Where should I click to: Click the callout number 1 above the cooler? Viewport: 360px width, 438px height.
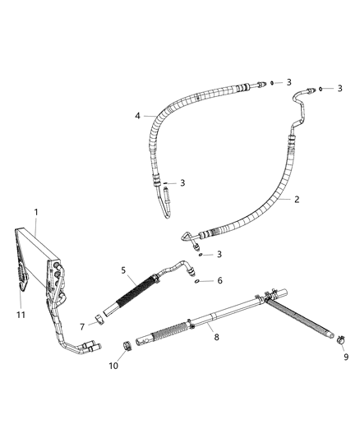(x=37, y=212)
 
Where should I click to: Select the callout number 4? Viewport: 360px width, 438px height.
(x=138, y=116)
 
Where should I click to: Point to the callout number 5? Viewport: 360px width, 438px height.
(x=124, y=269)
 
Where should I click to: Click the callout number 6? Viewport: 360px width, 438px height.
(x=219, y=281)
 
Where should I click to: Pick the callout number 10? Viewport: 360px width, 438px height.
(x=113, y=366)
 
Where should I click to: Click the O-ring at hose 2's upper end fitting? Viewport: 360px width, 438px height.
(x=320, y=87)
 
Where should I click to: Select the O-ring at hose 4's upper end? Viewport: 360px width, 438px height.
(x=270, y=83)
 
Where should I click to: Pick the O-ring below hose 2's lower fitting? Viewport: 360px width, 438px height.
(x=201, y=254)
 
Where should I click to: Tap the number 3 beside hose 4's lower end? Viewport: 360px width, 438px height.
(x=182, y=182)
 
